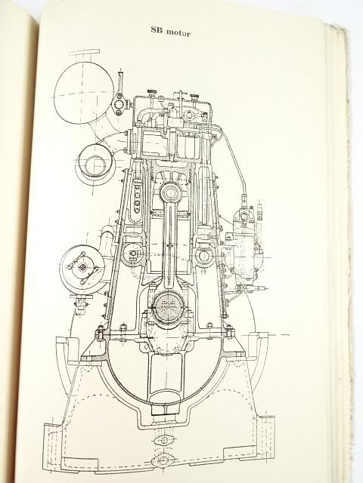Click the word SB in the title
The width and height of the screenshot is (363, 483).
pos(157,30)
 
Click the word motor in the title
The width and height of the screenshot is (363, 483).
pos(178,32)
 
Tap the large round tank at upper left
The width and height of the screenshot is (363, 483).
pos(84,94)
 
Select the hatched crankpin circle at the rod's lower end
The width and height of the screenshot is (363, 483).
pos(169,307)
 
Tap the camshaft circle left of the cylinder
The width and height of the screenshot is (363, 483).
pos(133,254)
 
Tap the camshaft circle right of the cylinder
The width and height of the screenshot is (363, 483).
pos(205,255)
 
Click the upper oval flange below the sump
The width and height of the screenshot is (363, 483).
pos(164,439)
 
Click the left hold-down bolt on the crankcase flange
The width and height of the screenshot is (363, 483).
pos(99,334)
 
